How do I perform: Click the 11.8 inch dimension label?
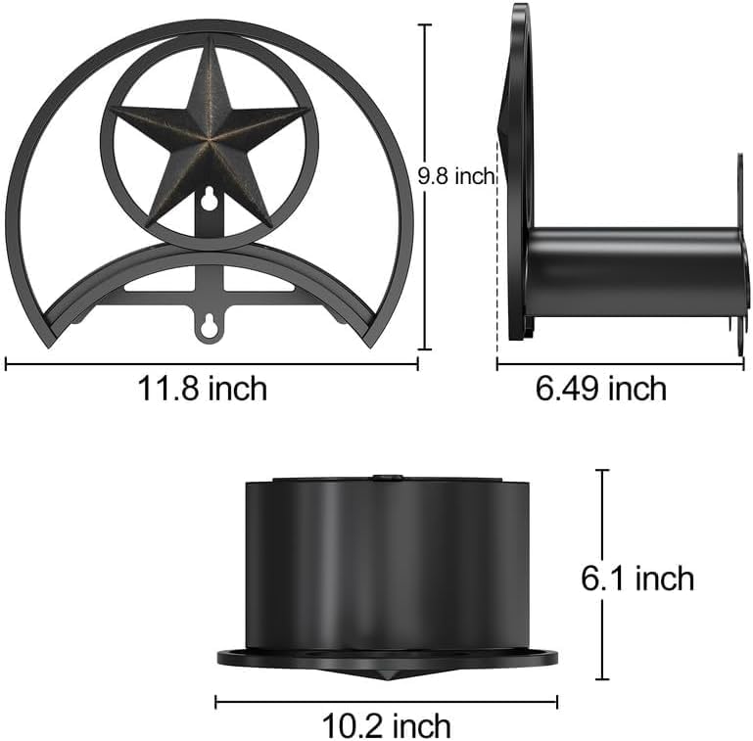coord(202,389)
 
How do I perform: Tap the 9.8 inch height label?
coord(455,176)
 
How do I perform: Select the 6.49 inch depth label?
coord(601,389)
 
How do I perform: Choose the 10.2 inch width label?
coord(386,725)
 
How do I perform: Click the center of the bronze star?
coord(210,140)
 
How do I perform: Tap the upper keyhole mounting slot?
coord(209,198)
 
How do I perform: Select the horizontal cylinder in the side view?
coord(635,272)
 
